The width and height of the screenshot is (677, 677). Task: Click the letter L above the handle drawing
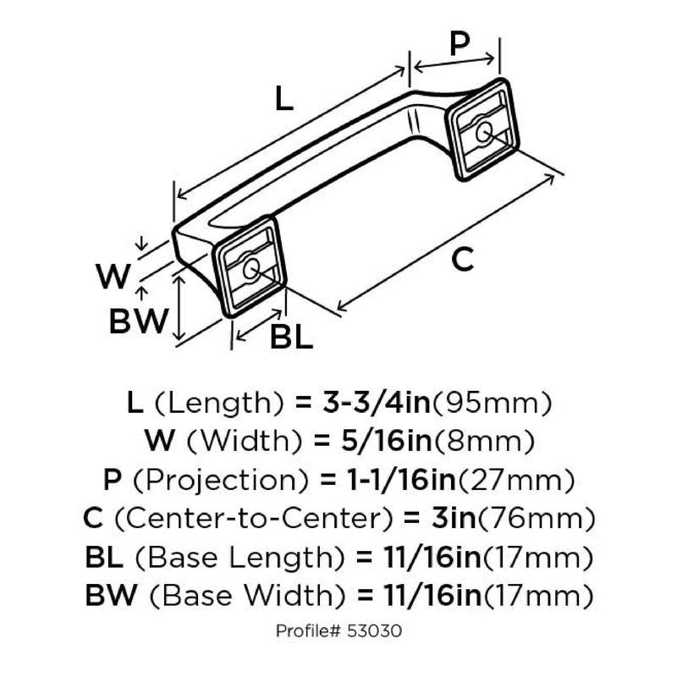[283, 101]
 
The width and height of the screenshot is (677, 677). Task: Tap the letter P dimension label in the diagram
[458, 44]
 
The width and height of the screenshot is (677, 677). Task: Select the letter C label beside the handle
[461, 260]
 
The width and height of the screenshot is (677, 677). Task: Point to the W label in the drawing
[113, 276]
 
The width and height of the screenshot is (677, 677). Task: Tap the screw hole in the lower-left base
[250, 269]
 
